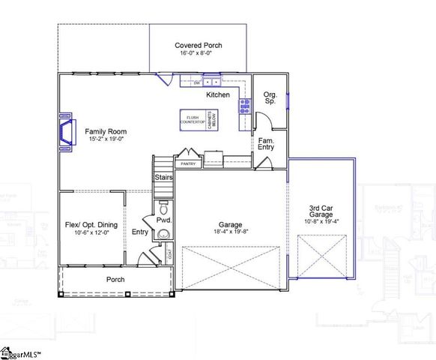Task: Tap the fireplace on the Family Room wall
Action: (66, 131)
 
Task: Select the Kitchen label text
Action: (218, 95)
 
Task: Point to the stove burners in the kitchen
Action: (244, 106)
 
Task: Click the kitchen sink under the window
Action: (211, 82)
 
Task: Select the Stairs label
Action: (164, 177)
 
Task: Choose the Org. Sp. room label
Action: (270, 99)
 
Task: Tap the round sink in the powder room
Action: (164, 235)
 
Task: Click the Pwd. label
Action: (165, 220)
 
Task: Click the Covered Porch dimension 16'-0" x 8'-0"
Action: (198, 54)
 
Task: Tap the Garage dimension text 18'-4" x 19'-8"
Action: (228, 232)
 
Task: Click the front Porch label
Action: (115, 279)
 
